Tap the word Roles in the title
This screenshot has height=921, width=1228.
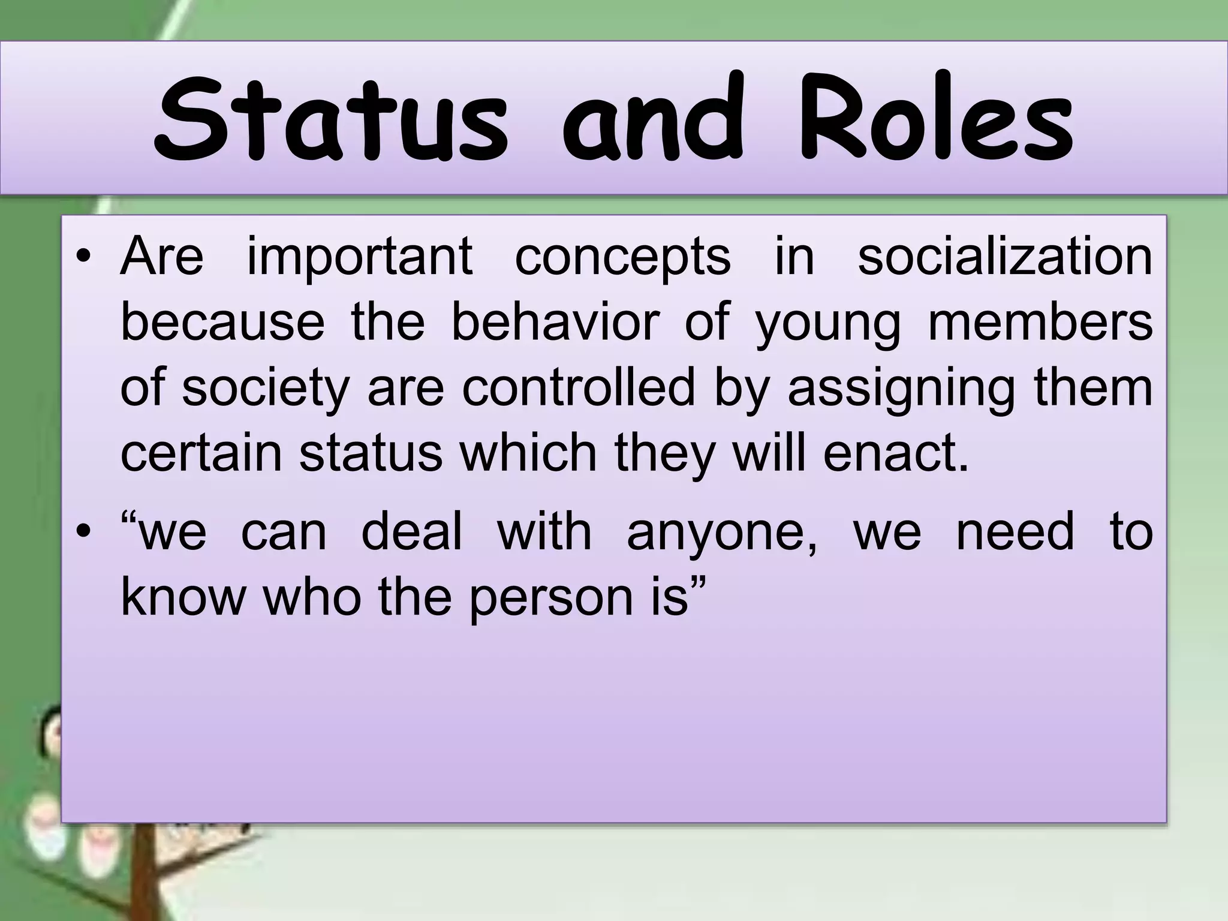tap(935, 120)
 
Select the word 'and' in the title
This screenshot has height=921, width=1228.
tap(654, 120)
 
